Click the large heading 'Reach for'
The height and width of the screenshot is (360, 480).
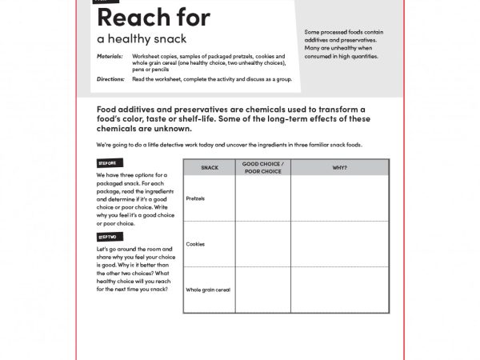(153, 17)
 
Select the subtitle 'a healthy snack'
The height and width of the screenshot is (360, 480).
(142, 38)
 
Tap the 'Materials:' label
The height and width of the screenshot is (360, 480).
(110, 57)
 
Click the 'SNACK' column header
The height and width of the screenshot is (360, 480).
(210, 167)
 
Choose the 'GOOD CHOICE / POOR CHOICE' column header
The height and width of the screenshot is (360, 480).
(263, 167)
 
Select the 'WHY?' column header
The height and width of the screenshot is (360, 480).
(339, 167)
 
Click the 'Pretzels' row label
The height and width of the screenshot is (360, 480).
(195, 198)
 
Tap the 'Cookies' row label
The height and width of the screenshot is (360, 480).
(195, 244)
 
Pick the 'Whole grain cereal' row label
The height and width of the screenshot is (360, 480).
(208, 290)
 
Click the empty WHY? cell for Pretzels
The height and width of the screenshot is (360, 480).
(339, 198)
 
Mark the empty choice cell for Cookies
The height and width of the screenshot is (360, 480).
(263, 244)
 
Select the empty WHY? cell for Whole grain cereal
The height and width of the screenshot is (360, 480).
(339, 290)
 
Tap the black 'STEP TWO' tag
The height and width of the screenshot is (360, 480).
(107, 238)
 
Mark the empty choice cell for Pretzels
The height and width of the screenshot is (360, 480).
(263, 198)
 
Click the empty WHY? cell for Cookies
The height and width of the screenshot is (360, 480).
(339, 244)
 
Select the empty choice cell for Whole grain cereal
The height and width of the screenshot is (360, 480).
(263, 290)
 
